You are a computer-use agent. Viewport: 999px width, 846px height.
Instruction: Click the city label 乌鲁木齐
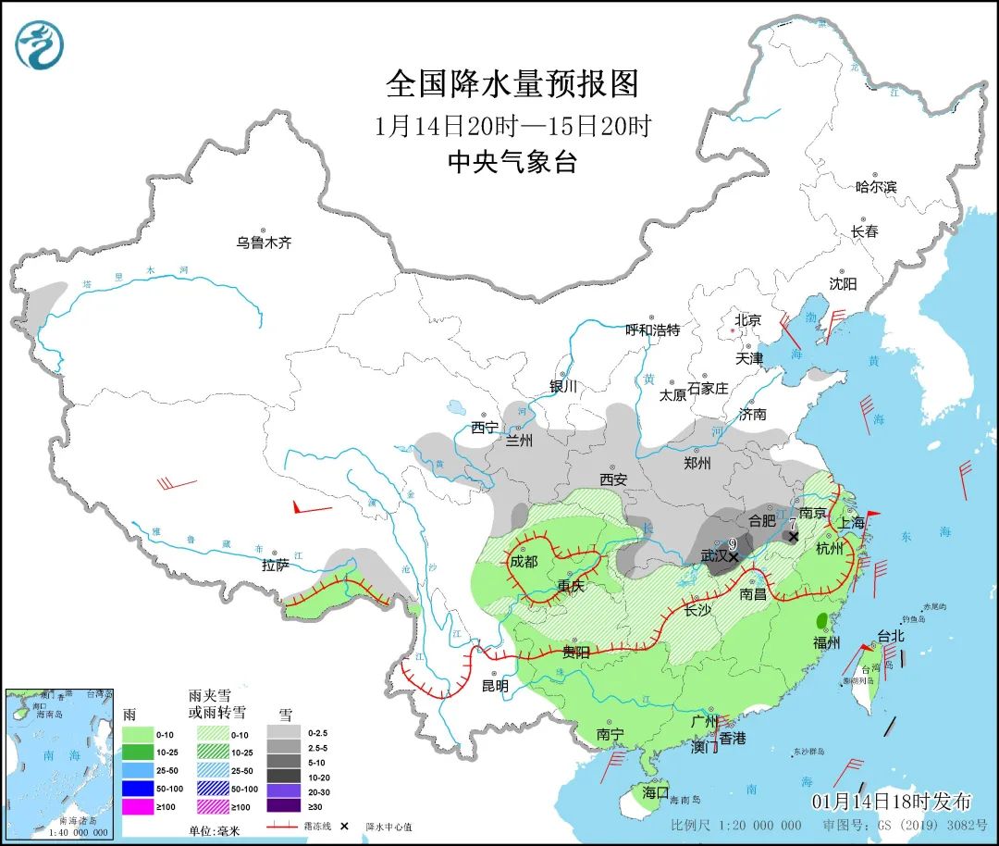pos(264,243)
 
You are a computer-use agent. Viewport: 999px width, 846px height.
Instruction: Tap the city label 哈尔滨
pos(876,186)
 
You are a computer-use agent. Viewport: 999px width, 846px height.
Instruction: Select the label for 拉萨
pos(276,564)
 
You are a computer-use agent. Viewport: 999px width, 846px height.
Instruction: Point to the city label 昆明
pos(495,686)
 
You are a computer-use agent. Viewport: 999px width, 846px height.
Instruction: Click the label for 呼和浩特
pos(652,330)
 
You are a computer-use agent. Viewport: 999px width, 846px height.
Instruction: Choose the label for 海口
pos(655,792)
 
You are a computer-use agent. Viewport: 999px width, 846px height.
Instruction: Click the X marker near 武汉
pos(734,557)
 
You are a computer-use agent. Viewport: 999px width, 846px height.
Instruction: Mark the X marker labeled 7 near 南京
pos(793,536)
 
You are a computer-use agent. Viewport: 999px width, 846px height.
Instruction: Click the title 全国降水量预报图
pos(512,84)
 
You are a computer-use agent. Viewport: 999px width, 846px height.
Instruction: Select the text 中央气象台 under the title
pos(512,163)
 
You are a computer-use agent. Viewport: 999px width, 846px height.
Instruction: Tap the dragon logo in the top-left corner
pos(40,45)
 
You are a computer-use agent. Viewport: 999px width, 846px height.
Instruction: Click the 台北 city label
pos(890,637)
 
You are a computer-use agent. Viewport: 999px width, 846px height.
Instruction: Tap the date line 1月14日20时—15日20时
pos(512,125)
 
